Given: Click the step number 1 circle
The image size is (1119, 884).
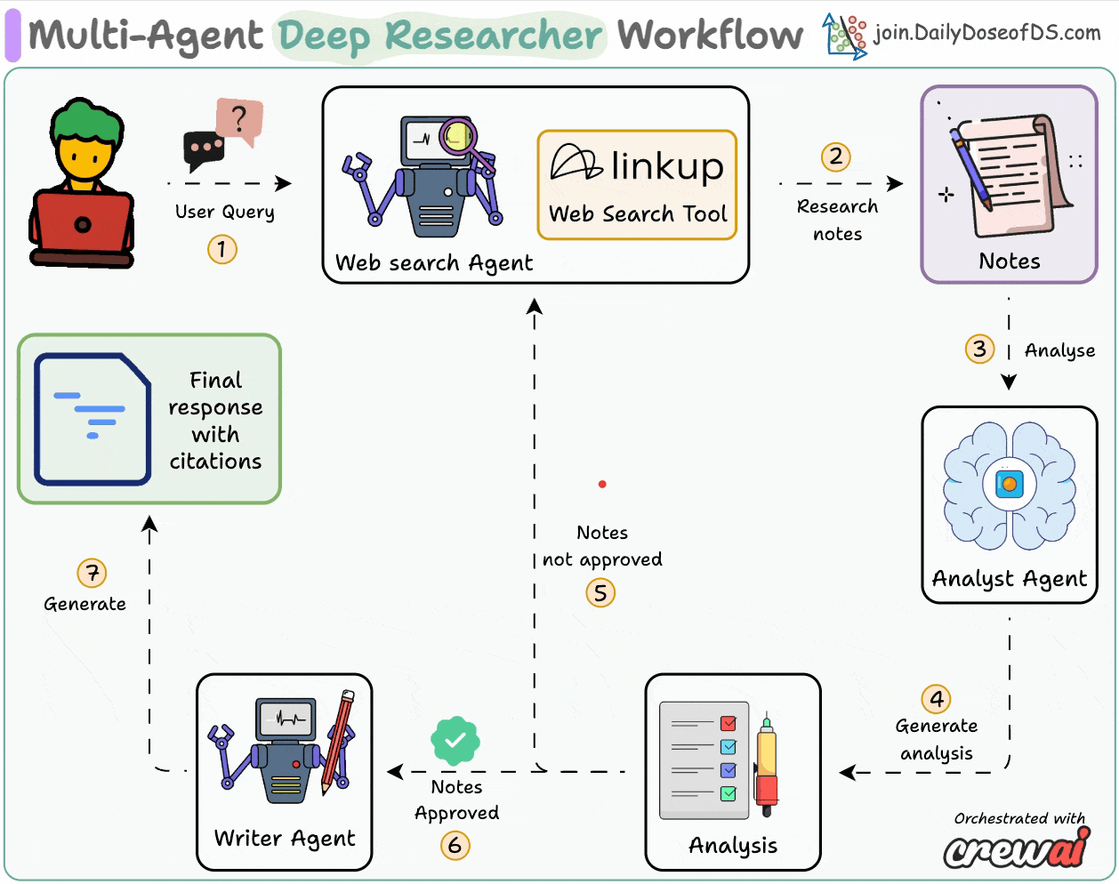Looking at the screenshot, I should [222, 248].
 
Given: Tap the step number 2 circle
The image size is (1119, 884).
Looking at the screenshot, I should [835, 157].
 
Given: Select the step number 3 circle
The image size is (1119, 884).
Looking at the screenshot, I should [979, 349].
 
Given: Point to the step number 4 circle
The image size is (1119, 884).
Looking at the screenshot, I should [936, 699].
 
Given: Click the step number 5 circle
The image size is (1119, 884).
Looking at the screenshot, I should [600, 592].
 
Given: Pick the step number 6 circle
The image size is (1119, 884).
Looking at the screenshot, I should [455, 844].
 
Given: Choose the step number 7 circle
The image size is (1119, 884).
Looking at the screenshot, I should [92, 573].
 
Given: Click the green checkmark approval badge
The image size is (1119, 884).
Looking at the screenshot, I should [455, 740].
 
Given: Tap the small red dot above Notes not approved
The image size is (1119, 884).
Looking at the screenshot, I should [602, 484].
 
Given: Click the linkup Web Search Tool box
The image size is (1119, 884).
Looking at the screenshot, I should [637, 185].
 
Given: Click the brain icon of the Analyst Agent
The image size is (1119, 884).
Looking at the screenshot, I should [1009, 486].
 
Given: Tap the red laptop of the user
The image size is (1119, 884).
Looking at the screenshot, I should [83, 224].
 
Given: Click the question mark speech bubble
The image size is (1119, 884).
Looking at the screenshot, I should [239, 119].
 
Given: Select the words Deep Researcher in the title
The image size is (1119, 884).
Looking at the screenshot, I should [440, 36].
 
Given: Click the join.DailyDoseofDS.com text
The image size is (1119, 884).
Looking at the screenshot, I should [986, 33].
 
